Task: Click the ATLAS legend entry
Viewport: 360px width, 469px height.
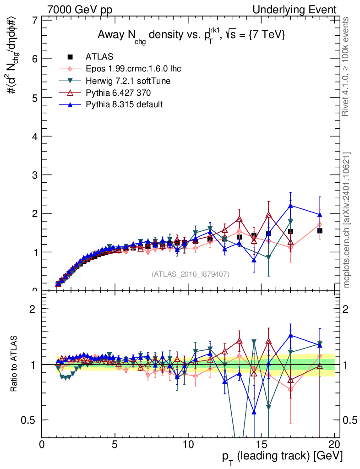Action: click(99, 57)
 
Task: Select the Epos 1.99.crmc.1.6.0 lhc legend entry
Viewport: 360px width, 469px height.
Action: click(133, 69)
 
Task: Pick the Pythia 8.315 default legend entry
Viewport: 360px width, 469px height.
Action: click(124, 104)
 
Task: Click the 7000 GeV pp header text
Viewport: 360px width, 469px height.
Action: click(80, 10)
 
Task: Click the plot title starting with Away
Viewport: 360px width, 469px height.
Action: click(191, 36)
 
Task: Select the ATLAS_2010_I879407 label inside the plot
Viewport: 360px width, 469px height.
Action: click(191, 274)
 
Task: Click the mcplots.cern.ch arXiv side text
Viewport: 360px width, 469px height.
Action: click(347, 220)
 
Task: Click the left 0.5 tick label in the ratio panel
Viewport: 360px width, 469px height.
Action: click(30, 420)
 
